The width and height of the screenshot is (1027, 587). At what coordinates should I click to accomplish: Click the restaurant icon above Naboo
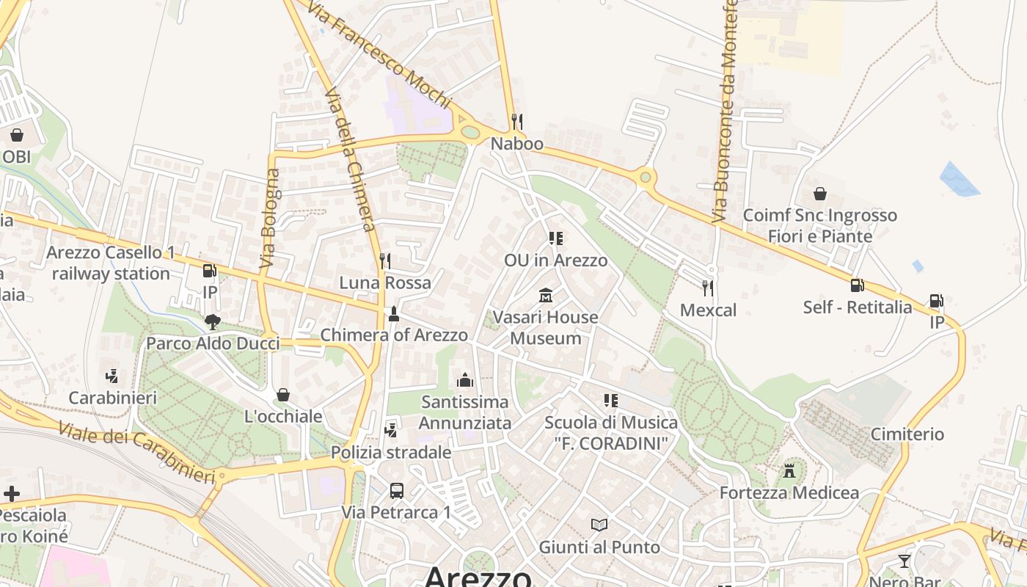(x=517, y=121)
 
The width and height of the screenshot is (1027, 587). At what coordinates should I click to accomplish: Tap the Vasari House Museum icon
(x=546, y=296)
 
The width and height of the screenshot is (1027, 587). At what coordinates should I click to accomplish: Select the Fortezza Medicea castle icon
(x=789, y=470)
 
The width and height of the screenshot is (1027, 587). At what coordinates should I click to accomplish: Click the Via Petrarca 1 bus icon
(x=396, y=491)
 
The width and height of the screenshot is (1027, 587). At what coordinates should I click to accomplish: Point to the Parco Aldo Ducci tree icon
(x=213, y=321)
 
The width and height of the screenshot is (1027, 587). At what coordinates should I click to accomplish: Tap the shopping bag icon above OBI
(x=16, y=135)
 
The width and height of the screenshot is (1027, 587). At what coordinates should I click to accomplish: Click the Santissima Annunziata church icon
(x=465, y=380)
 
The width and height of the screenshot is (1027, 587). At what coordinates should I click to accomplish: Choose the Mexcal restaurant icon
(x=708, y=288)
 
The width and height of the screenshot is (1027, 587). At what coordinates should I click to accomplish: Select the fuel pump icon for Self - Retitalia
(x=857, y=285)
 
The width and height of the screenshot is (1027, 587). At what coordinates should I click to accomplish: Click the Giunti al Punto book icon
(x=599, y=525)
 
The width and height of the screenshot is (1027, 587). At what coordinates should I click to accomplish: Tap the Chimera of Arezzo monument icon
(x=394, y=314)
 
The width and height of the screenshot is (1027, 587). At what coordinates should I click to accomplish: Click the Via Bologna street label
(x=270, y=218)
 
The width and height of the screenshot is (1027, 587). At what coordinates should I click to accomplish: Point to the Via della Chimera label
(x=350, y=159)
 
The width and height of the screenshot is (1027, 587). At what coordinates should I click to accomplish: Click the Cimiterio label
(x=907, y=434)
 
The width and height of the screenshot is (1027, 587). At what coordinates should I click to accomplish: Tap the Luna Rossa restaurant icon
(x=385, y=260)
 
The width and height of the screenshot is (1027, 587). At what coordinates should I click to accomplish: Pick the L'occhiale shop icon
(x=283, y=395)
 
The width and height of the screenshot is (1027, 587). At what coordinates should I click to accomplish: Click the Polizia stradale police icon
(x=391, y=430)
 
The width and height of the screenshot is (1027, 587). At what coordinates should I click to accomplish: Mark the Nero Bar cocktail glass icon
(x=904, y=561)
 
